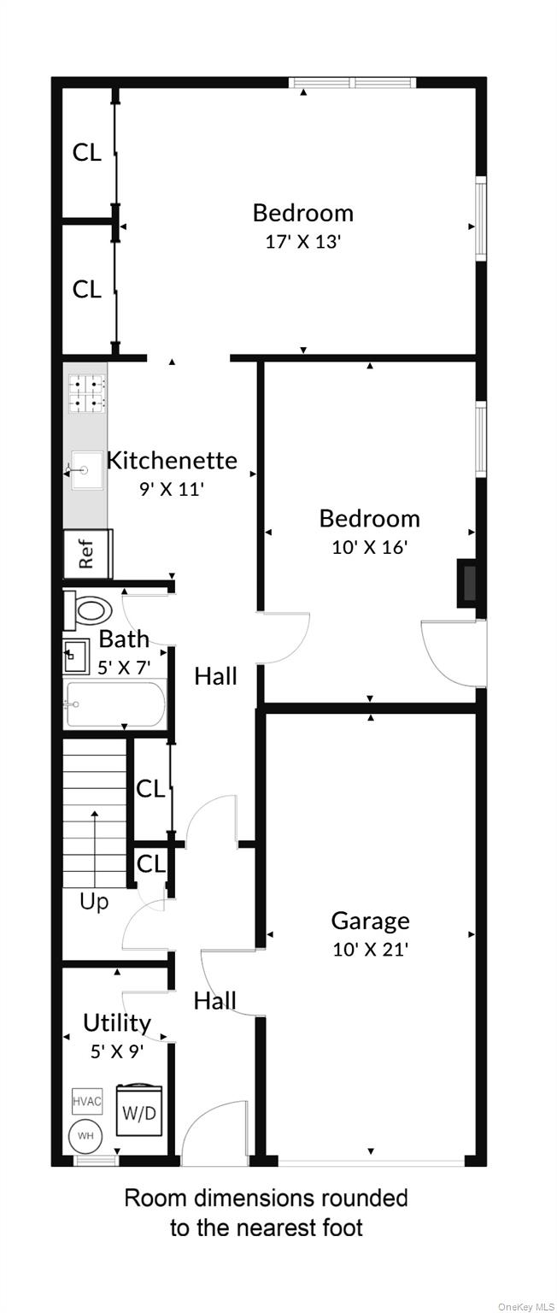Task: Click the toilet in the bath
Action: coord(88,609)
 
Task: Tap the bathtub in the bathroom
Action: coord(114,704)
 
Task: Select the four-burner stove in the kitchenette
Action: coord(87,393)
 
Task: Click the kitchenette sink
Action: coord(87,470)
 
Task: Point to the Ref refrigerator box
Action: coord(87,554)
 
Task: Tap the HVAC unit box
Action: coord(86,1101)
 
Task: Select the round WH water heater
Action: coord(85,1136)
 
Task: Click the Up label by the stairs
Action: coord(94,903)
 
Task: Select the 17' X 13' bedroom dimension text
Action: coord(303,242)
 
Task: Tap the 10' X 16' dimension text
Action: coord(370,547)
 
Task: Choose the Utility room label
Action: coord(117,1023)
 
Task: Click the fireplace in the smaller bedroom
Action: coord(467,583)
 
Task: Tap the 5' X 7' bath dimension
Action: coord(124,667)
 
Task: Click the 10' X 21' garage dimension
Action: coord(370,950)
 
